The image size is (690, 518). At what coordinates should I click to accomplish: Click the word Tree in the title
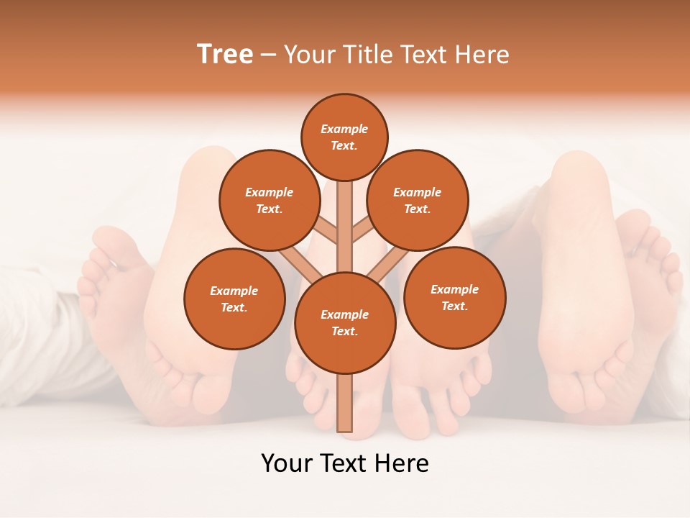point(225,55)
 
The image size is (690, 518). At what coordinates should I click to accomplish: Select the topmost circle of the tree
point(344,137)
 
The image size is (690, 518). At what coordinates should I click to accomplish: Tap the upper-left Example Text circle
point(270,200)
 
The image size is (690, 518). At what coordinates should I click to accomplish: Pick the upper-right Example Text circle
point(418,200)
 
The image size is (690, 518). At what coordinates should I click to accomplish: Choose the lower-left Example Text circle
point(234,299)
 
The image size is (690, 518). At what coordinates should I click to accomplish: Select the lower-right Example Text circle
point(454,297)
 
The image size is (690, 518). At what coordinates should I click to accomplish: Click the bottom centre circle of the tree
point(345,322)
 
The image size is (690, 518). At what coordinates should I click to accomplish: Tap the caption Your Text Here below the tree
point(345,463)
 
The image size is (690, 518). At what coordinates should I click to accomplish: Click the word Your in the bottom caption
point(286,463)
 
